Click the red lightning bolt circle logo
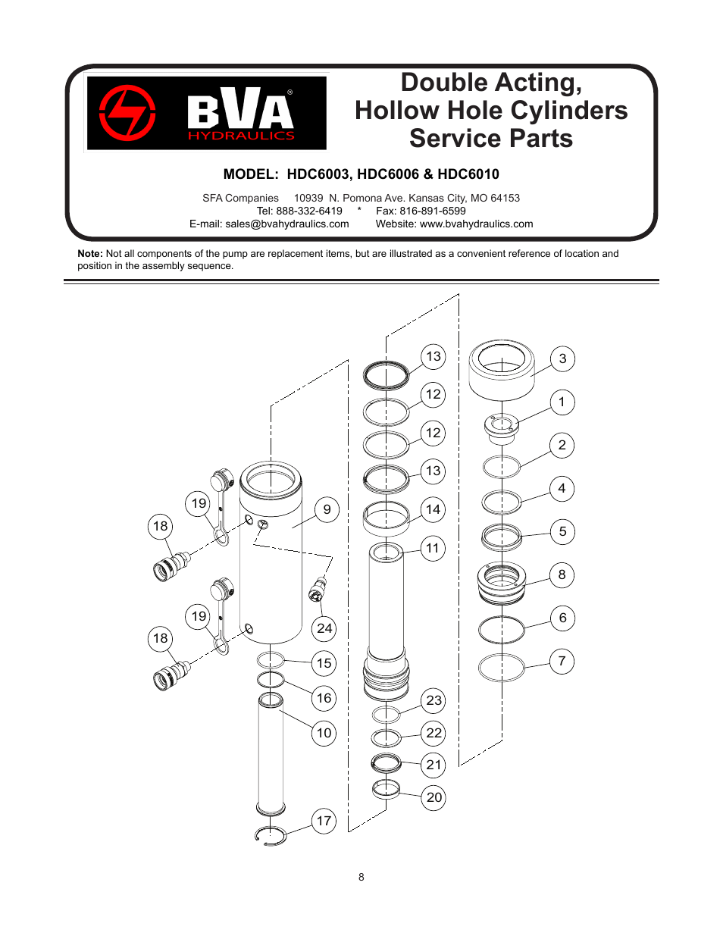(127, 113)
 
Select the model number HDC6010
(468, 174)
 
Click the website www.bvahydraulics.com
(476, 224)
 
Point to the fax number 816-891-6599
(432, 211)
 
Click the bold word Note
(89, 254)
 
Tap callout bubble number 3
(562, 358)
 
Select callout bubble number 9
(327, 509)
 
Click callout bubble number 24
(324, 628)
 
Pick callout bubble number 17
(324, 821)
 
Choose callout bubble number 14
(433, 509)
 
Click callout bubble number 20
(433, 797)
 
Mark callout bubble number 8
(562, 574)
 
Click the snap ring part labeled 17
(271, 834)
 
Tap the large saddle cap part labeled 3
(500, 371)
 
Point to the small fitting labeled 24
(318, 589)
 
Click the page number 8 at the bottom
(361, 877)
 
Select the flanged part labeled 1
(500, 428)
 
